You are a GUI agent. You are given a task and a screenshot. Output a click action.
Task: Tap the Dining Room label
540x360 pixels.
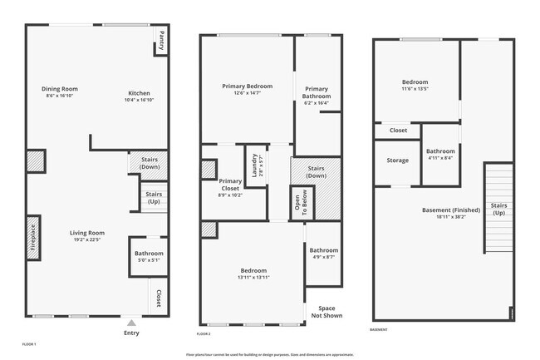pos(60,89)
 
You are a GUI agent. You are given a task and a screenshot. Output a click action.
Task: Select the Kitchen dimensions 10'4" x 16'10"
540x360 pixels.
pos(140,100)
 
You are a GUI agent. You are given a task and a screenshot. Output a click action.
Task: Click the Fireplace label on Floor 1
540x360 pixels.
pos(33,239)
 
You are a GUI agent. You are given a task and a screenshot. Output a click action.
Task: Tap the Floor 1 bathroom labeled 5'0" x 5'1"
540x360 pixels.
pos(150,257)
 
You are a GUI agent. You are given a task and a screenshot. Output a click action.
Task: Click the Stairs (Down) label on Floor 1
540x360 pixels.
pos(150,163)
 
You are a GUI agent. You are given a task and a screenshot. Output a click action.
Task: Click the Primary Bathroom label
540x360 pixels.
pos(317,92)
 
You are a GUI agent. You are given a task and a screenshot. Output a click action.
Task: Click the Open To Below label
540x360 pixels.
pos(297,203)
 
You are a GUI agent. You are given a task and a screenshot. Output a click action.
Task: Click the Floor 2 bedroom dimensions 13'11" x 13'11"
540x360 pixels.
pos(254,277)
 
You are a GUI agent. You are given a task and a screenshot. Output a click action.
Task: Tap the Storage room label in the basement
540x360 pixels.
pos(397,160)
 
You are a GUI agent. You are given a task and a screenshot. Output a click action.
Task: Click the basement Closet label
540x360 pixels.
pos(398,131)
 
